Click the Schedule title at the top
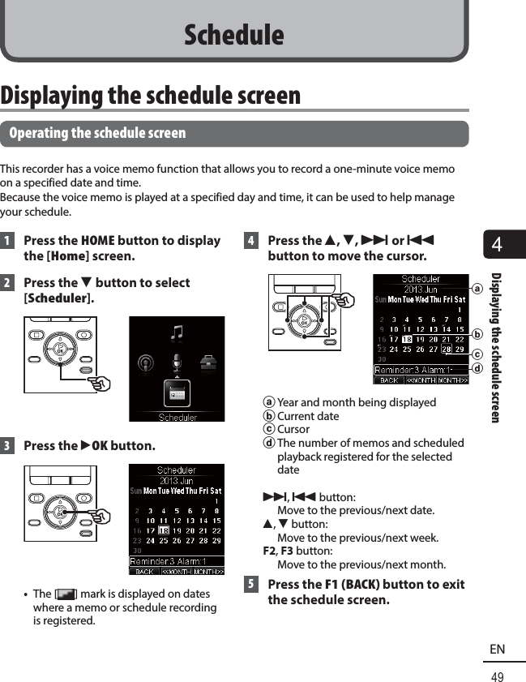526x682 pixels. click(x=233, y=35)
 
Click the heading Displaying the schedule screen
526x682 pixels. click(x=151, y=95)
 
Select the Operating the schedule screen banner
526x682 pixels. click(x=97, y=133)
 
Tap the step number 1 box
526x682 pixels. click(x=7, y=241)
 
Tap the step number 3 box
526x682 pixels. click(x=7, y=446)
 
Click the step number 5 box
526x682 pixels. click(x=251, y=585)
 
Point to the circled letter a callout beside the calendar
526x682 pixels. click(x=477, y=289)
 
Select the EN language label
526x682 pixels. click(x=497, y=650)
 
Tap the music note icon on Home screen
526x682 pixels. click(x=177, y=332)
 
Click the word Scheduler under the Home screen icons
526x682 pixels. click(x=177, y=417)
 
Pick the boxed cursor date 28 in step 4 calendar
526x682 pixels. click(x=446, y=350)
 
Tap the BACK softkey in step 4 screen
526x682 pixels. click(x=389, y=380)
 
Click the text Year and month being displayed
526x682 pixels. click(x=357, y=403)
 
